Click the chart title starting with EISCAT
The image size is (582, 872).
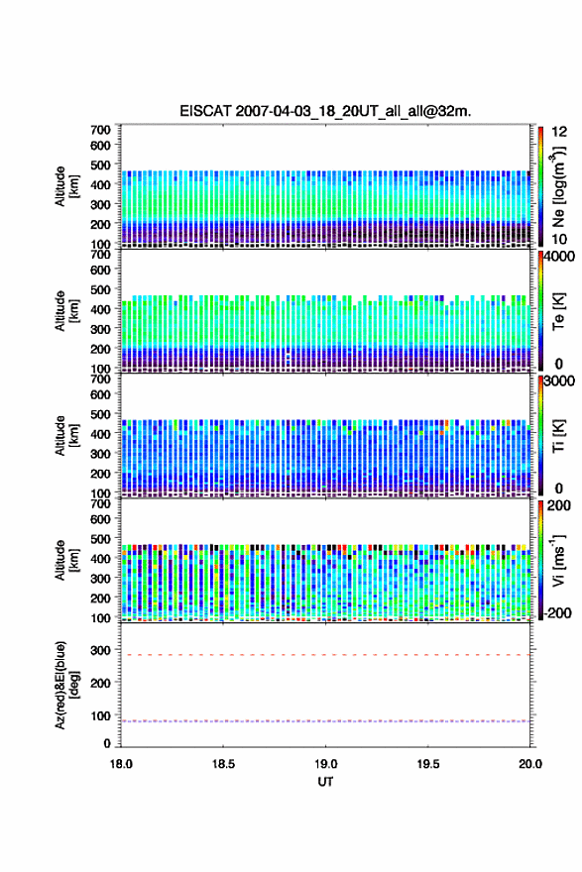(325, 111)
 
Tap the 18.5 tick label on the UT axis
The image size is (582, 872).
(223, 764)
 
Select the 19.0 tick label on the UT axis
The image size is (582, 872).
(325, 764)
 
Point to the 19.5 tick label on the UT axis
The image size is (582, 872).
(428, 764)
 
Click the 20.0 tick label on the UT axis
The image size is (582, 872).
(530, 764)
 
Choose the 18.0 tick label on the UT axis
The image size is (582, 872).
(121, 764)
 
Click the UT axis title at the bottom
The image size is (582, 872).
(325, 782)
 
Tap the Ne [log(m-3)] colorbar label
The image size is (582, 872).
(559, 187)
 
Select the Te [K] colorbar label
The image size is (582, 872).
(558, 311)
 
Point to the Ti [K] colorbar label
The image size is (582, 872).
(558, 436)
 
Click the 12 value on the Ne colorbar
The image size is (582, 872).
(560, 132)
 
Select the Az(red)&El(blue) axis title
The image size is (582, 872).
(65, 685)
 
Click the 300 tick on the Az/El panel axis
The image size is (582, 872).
(100, 650)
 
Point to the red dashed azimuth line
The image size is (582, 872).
(325, 655)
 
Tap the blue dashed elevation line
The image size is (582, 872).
(325, 721)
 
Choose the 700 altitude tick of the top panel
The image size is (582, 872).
(100, 130)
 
